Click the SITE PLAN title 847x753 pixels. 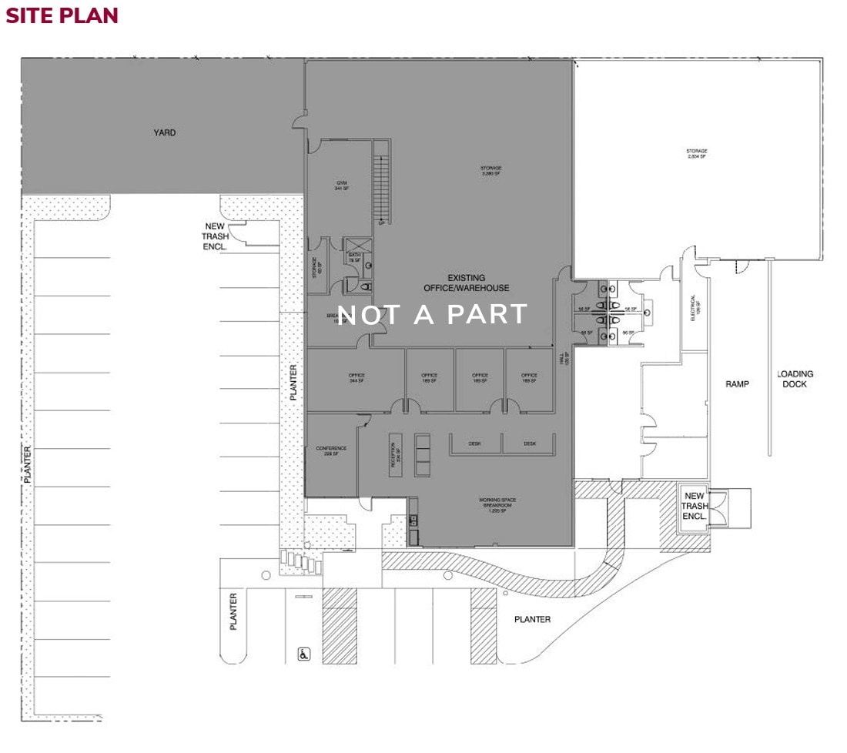pyautogui.click(x=62, y=15)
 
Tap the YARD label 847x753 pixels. pyautogui.click(x=164, y=132)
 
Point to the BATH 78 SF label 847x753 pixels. pyautogui.click(x=355, y=258)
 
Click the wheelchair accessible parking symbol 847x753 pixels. pyautogui.click(x=303, y=654)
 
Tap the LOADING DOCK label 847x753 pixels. pyautogui.click(x=795, y=379)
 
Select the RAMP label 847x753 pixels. pyautogui.click(x=738, y=383)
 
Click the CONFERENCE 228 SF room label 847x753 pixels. pyautogui.click(x=331, y=450)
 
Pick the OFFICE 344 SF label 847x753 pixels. pyautogui.click(x=356, y=378)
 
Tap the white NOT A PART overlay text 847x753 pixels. pyautogui.click(x=433, y=314)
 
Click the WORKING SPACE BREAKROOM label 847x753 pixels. pyautogui.click(x=497, y=505)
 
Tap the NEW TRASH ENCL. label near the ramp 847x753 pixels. pyautogui.click(x=695, y=506)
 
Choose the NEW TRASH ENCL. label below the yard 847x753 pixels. pyautogui.click(x=215, y=236)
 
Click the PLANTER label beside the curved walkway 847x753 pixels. pyautogui.click(x=533, y=619)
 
